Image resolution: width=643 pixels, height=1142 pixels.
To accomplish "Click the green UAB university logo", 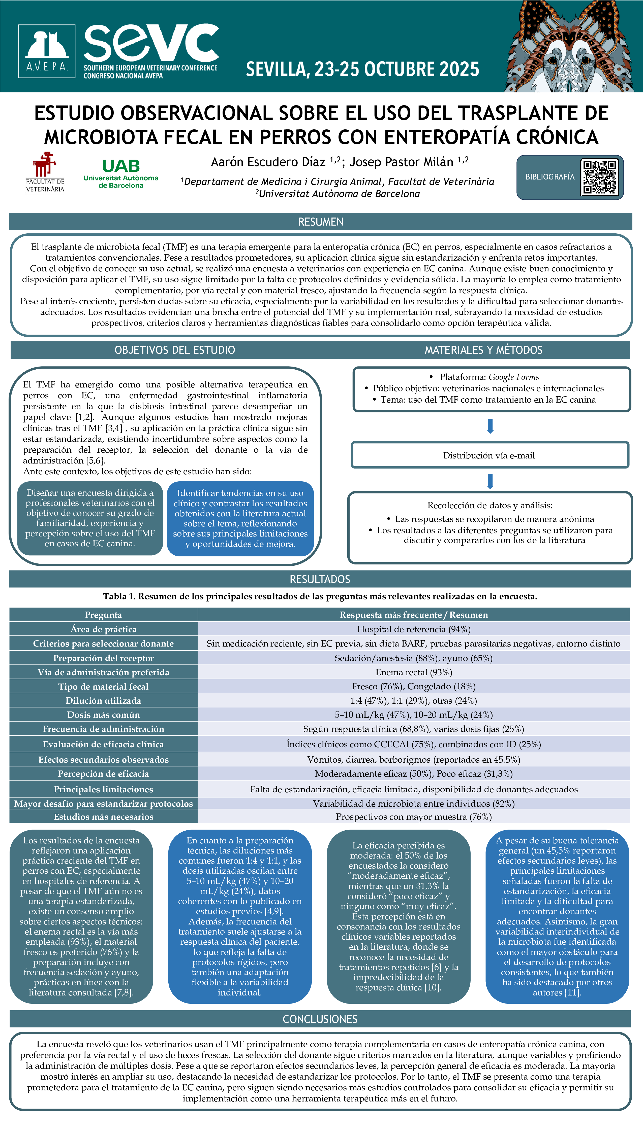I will coord(121,173).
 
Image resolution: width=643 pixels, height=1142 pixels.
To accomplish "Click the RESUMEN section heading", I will coord(320,222).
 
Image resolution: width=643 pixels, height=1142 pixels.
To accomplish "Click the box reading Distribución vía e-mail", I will coord(489,455).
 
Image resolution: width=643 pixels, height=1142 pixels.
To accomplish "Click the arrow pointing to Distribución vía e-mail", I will coord(490,426).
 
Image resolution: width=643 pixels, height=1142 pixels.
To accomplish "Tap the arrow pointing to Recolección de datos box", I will coord(490,481).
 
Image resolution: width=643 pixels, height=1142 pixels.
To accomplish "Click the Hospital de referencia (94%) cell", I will coord(414,629).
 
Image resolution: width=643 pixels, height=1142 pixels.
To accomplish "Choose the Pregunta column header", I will coord(103,615).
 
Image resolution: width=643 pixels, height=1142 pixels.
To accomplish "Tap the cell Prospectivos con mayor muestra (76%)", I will coord(414,817).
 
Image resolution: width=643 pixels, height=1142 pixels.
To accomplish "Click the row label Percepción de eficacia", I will coord(103,774).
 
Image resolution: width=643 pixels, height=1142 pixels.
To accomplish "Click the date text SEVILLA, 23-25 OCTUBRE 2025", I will coord(362,69).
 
